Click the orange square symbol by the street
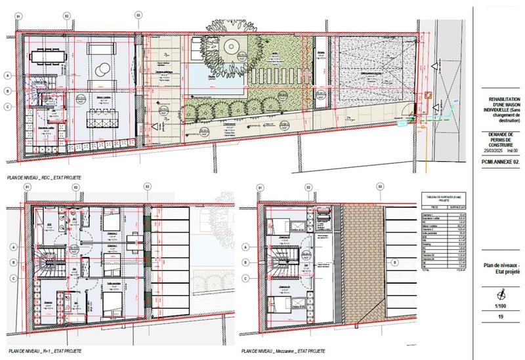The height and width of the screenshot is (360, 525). (x=428, y=96)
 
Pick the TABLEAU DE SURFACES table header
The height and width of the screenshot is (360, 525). (x=444, y=197)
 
